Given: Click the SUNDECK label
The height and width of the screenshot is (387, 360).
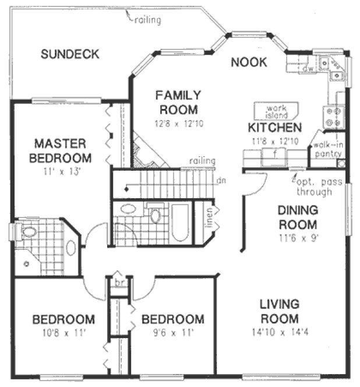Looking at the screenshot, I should pyautogui.click(x=70, y=54).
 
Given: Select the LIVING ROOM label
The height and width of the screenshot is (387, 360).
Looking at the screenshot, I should pyautogui.click(x=279, y=311).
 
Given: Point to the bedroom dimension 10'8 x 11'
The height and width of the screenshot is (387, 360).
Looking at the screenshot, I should pyautogui.click(x=62, y=333).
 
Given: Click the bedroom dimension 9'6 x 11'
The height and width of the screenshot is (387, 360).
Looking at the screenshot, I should pyautogui.click(x=172, y=333).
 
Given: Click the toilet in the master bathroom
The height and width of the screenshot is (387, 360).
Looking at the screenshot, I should pyautogui.click(x=27, y=232).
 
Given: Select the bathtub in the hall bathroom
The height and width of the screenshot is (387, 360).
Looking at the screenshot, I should pyautogui.click(x=181, y=223).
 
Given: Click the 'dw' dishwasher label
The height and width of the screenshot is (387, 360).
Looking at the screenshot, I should pyautogui.click(x=309, y=69).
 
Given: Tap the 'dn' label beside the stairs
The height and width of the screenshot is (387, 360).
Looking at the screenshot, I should pyautogui.click(x=221, y=181).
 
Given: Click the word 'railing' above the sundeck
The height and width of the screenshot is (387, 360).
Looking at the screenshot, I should pyautogui.click(x=147, y=21).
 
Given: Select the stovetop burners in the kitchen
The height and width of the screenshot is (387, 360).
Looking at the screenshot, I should pyautogui.click(x=334, y=116).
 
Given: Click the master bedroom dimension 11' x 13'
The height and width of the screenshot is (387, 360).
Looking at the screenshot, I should pyautogui.click(x=62, y=171).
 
